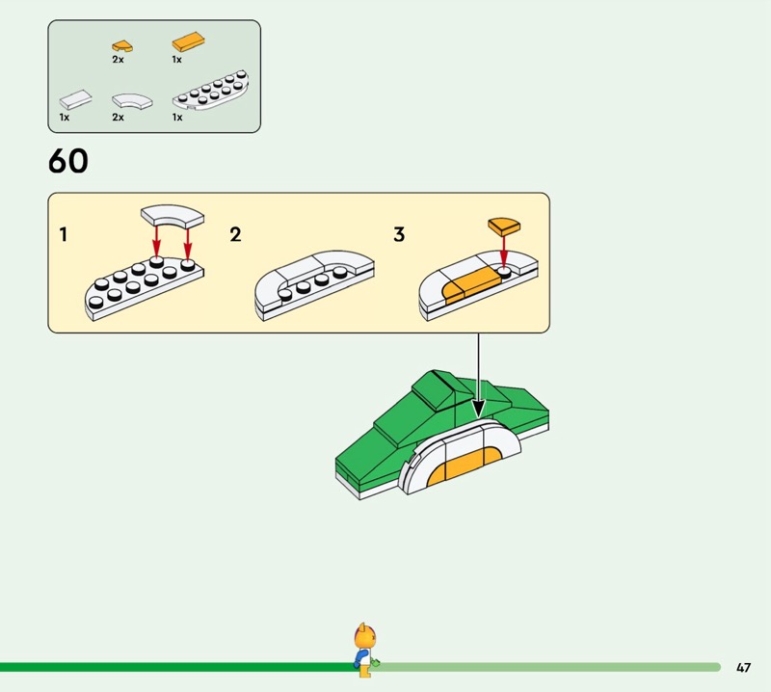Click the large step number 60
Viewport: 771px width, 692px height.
coord(68,161)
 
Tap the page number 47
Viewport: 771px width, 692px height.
coord(743,667)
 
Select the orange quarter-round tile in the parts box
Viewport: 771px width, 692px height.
coord(122,46)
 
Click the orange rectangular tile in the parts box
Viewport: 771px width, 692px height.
coord(188,41)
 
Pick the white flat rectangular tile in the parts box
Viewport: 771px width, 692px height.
coord(75,100)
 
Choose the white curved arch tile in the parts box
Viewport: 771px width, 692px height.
coord(132,101)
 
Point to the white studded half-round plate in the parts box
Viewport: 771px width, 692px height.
coord(210,90)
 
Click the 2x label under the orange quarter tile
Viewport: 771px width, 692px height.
coord(118,60)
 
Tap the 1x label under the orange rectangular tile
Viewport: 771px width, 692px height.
coord(177,60)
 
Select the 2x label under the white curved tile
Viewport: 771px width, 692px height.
coord(118,117)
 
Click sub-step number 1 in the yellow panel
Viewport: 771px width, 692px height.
coord(63,234)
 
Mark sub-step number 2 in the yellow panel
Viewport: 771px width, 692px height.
coord(235,234)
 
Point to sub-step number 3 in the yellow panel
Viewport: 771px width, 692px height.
coord(399,234)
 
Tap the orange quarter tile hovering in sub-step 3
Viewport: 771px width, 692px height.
coord(504,226)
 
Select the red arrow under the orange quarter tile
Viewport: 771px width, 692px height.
coord(503,252)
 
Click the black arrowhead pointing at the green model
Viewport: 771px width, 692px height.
coord(478,410)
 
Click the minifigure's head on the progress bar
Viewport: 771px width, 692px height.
coord(364,637)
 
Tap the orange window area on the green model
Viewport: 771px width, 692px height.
coord(464,466)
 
